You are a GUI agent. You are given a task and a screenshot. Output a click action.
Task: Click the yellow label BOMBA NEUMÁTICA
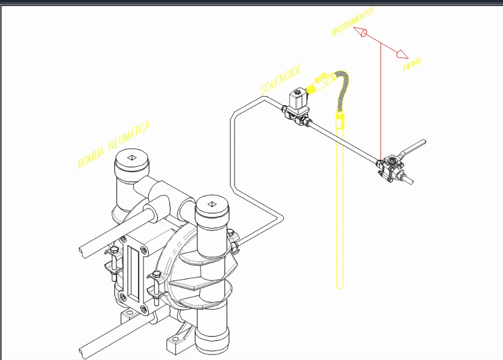click(x=114, y=146)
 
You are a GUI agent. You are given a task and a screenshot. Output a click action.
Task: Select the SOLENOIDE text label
click(x=281, y=79)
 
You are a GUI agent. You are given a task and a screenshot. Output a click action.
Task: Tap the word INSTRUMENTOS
click(x=354, y=22)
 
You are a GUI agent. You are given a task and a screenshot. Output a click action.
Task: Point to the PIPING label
click(x=412, y=65)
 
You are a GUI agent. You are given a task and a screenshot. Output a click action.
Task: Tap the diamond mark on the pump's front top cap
click(x=212, y=203)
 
